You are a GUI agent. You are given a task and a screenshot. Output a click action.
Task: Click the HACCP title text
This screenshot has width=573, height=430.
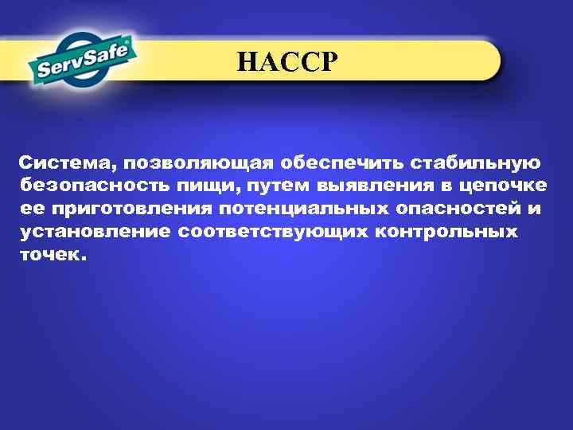(x=287, y=61)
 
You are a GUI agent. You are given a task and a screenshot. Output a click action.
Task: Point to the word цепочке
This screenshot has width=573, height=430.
(x=505, y=186)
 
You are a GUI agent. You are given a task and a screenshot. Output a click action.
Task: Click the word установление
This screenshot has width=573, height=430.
(x=95, y=232)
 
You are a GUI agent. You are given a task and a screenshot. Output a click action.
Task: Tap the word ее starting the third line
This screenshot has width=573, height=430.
(x=32, y=209)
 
